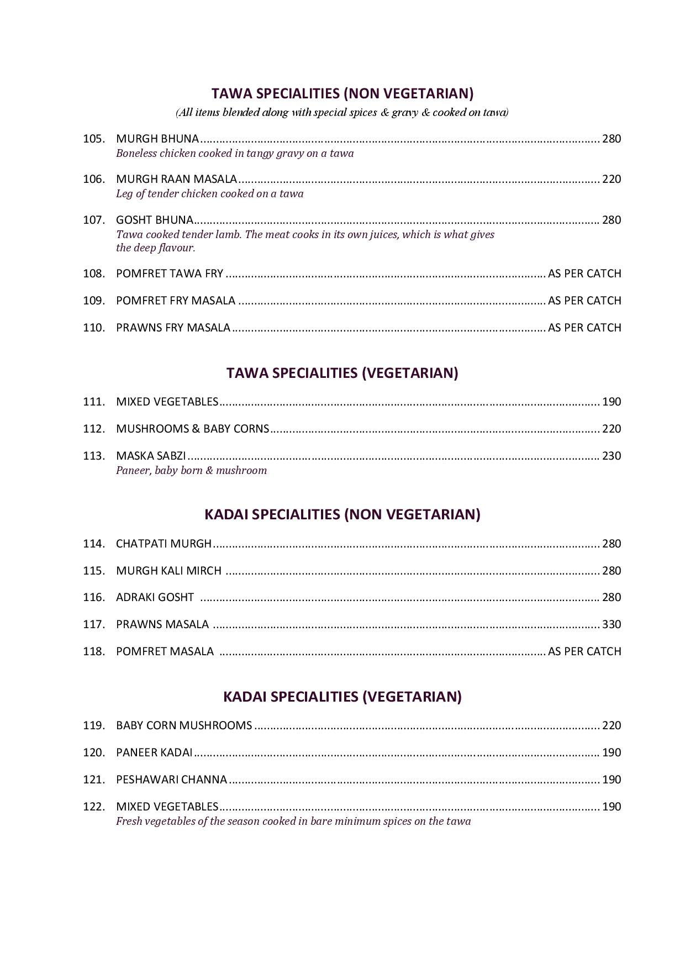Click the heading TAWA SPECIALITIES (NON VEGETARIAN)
pyautogui.click(x=342, y=93)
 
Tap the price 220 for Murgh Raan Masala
pyautogui.click(x=611, y=179)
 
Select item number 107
pyautogui.click(x=93, y=220)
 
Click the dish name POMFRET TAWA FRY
pyautogui.click(x=170, y=273)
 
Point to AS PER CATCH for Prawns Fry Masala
pyautogui.click(x=584, y=328)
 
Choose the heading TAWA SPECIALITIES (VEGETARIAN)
pyautogui.click(x=342, y=373)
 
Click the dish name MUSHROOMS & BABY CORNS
pyautogui.click(x=192, y=429)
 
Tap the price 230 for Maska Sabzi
pyautogui.click(x=611, y=456)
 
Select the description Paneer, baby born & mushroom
pyautogui.click(x=191, y=470)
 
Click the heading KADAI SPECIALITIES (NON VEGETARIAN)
pyautogui.click(x=342, y=514)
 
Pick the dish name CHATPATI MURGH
pyautogui.click(x=164, y=544)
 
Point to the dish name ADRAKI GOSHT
pyautogui.click(x=155, y=597)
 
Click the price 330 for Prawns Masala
pyautogui.click(x=611, y=624)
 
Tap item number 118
pyautogui.click(x=93, y=651)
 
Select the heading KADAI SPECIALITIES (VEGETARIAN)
pyautogui.click(x=342, y=696)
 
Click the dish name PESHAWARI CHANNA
pyautogui.click(x=171, y=780)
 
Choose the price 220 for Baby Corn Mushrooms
pyautogui.click(x=611, y=725)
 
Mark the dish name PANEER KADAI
pyautogui.click(x=154, y=752)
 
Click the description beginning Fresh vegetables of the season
pyautogui.click(x=293, y=821)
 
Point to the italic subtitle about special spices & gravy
pyautogui.click(x=342, y=113)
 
